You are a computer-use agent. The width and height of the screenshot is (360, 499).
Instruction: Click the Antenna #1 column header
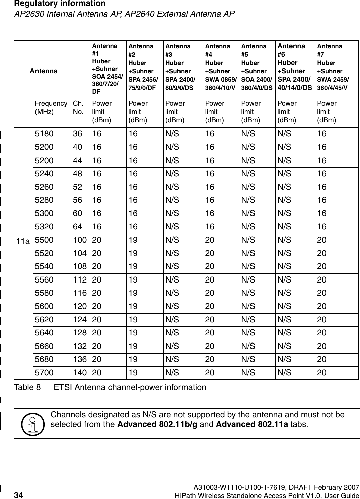(107, 68)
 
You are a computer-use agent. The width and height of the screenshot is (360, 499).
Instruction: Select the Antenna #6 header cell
(295, 67)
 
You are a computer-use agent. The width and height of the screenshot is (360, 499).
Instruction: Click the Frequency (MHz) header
(51, 107)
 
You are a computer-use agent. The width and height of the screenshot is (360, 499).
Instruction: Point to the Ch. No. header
(78, 107)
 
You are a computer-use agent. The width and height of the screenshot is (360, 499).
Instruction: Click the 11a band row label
(23, 241)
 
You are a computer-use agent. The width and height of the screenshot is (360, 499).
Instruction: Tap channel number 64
(77, 227)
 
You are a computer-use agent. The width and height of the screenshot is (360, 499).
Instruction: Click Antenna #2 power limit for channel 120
(133, 306)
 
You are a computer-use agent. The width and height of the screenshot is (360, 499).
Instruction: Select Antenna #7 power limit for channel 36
(322, 134)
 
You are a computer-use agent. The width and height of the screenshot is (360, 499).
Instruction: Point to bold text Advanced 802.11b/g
(156, 424)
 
